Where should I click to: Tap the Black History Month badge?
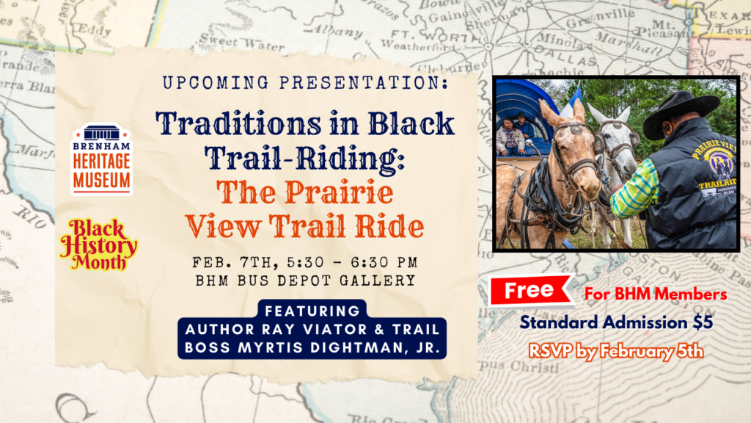click(98, 243)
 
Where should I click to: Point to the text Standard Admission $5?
click(617, 322)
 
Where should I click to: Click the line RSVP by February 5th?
click(617, 350)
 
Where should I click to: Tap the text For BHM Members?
click(656, 294)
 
